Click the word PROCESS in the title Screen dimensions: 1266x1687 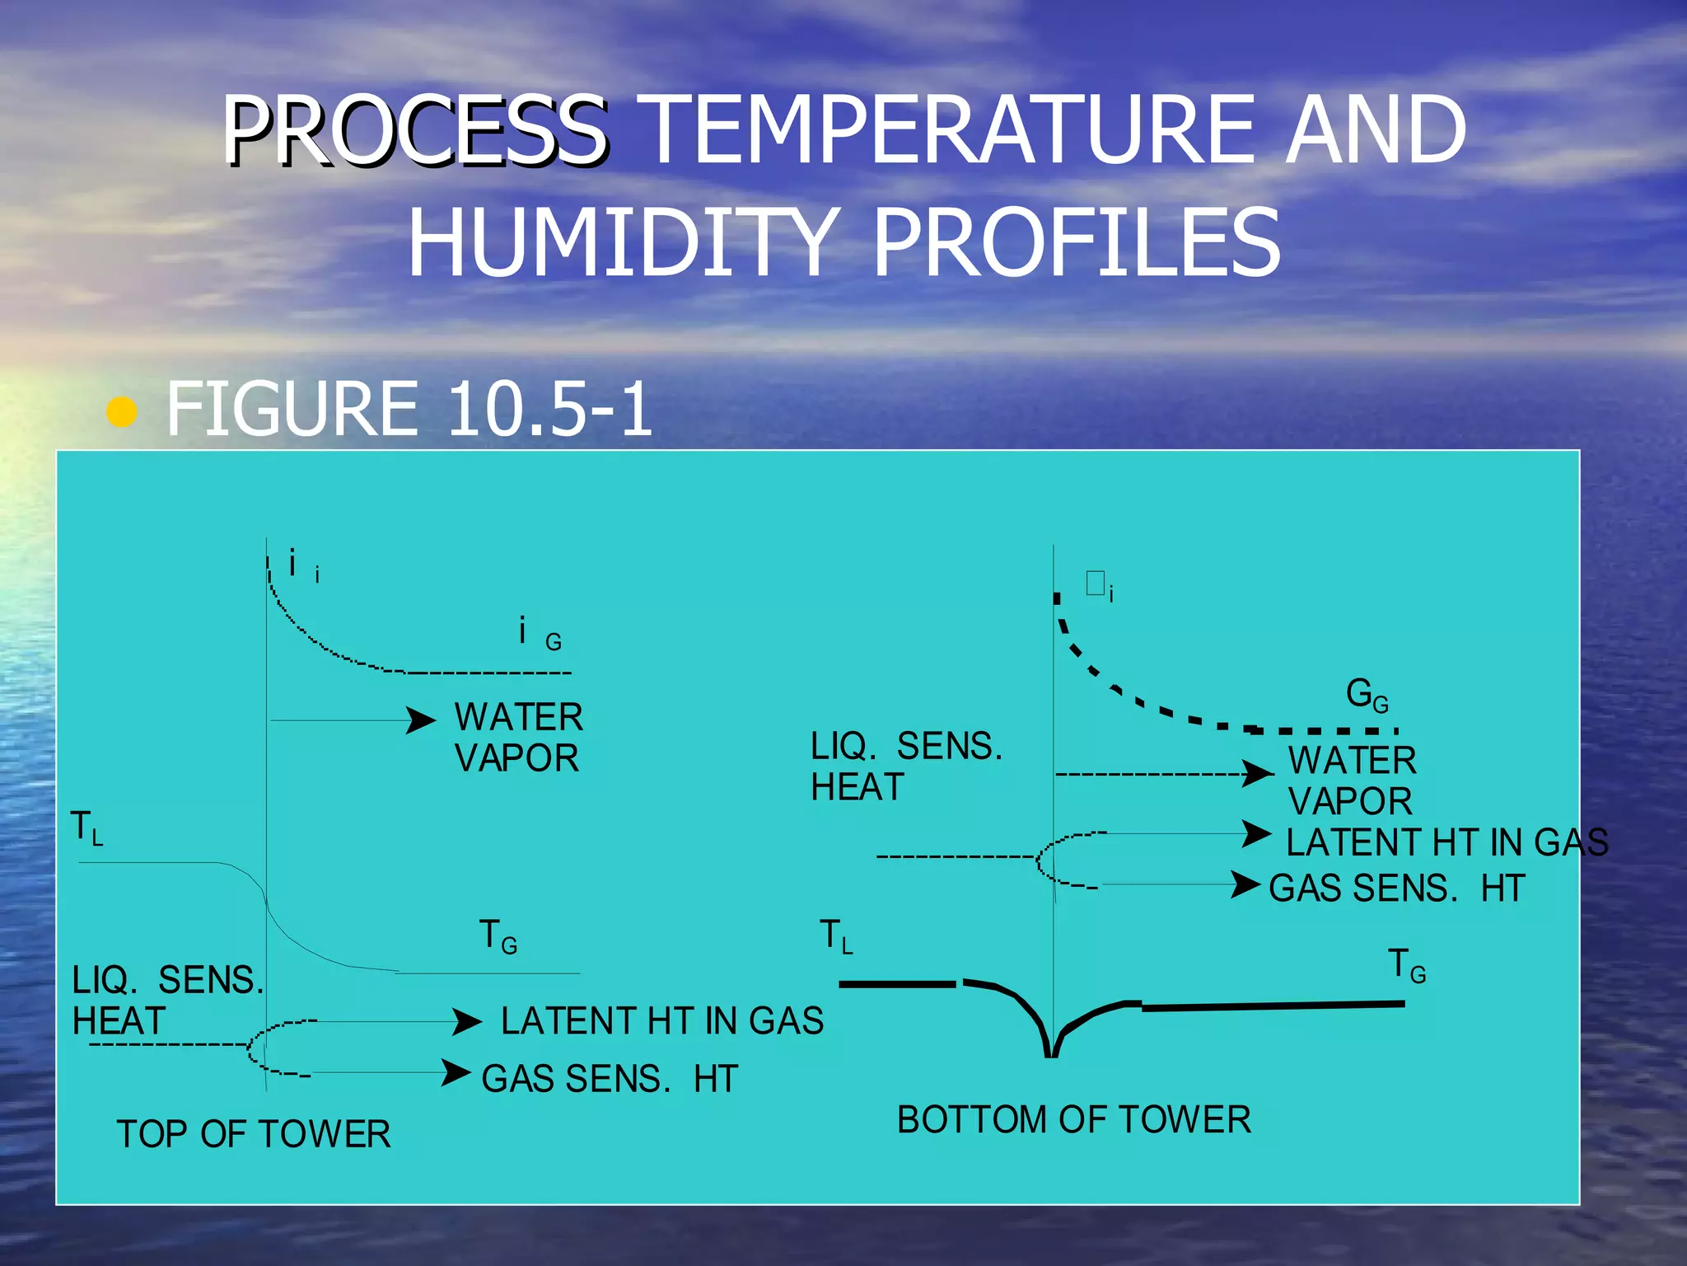tap(414, 130)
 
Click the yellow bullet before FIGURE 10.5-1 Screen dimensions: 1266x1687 tap(122, 411)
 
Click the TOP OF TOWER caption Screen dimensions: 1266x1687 tap(254, 1134)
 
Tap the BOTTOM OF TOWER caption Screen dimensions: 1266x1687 tap(1074, 1120)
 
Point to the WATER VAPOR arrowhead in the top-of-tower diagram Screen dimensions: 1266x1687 tap(421, 720)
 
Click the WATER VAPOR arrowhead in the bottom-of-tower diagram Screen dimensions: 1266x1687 tap(1258, 773)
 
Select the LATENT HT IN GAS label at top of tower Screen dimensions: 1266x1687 tap(662, 1021)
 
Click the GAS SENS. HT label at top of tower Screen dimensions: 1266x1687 tap(610, 1079)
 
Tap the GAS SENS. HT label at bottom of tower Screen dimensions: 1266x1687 tap(1397, 889)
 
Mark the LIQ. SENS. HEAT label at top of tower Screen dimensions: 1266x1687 tap(167, 1001)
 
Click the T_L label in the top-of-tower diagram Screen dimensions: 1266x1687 tap(86, 828)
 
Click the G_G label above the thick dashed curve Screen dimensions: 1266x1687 tap(1367, 695)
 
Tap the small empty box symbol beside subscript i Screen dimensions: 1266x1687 tap(1095, 583)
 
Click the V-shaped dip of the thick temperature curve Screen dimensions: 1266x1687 tap(1051, 1043)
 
